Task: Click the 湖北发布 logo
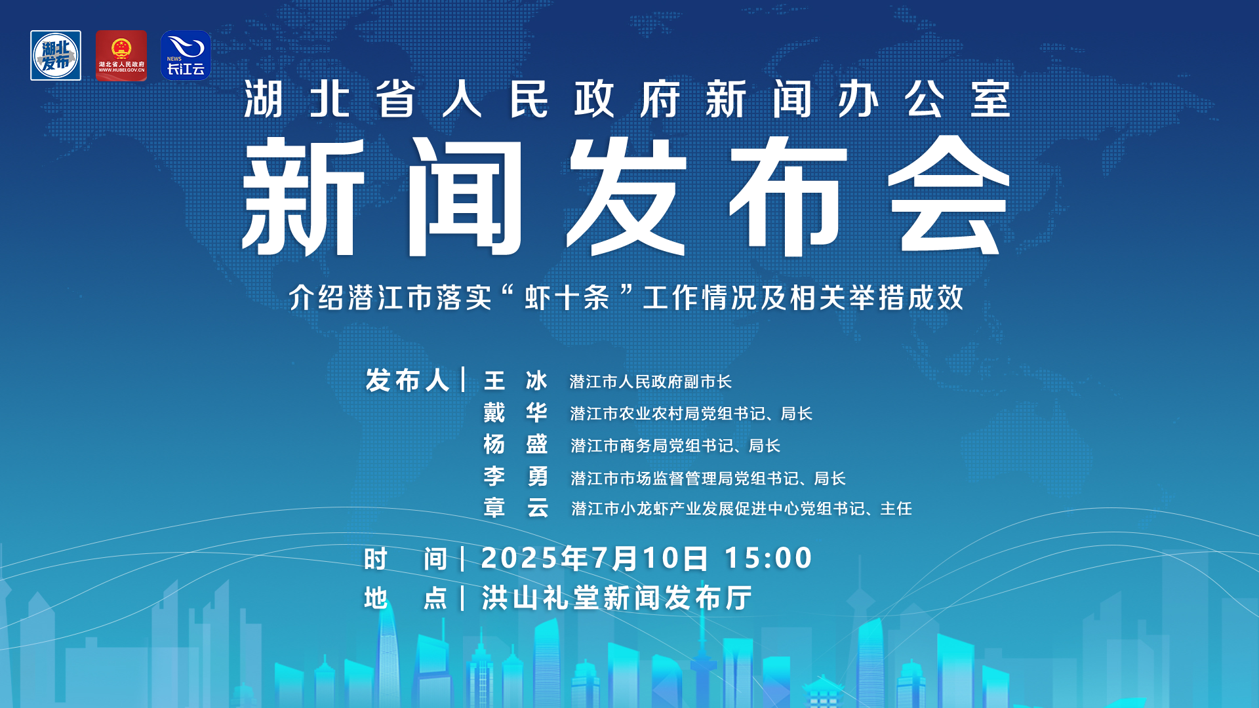tap(56, 56)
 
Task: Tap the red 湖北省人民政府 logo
tap(121, 56)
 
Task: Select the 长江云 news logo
tap(186, 56)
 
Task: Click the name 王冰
tap(515, 381)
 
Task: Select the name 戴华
tap(515, 413)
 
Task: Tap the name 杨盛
tap(515, 445)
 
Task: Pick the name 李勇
tap(515, 477)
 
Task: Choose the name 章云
tap(515, 508)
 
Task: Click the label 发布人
tap(407, 381)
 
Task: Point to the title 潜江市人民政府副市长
tap(650, 382)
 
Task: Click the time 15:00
tap(768, 559)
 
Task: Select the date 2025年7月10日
tap(595, 559)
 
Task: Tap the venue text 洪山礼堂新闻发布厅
tap(616, 598)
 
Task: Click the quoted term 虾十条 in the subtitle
tap(567, 298)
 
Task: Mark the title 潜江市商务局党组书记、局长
tap(675, 446)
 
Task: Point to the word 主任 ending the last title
tap(896, 509)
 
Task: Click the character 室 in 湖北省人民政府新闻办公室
tap(990, 100)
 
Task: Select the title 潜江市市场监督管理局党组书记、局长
tap(708, 479)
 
